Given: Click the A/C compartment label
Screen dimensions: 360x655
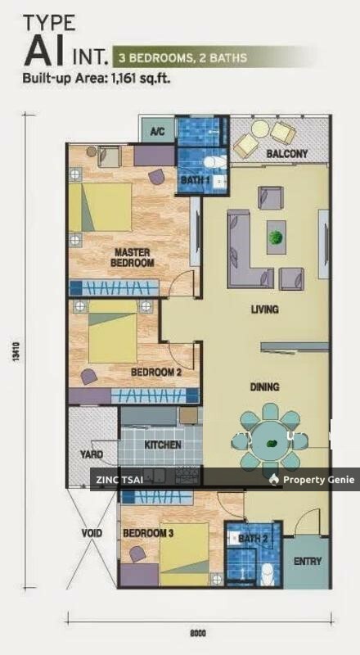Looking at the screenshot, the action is click(157, 132).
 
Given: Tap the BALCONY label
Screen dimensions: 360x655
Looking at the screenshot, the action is click(287, 153).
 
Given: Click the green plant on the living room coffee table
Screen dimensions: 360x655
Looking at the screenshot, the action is click(276, 237).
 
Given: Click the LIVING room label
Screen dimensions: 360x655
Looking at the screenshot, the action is click(264, 309).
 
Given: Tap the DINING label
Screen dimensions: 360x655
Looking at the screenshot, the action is click(264, 386).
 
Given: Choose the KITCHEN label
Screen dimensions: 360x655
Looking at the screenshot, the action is click(163, 445).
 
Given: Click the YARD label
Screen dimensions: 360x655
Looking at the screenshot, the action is click(92, 454).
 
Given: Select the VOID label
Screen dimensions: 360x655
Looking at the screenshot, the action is click(92, 534).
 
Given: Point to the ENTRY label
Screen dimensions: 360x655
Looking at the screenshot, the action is click(308, 561).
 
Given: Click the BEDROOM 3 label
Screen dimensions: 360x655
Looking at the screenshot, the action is click(148, 534).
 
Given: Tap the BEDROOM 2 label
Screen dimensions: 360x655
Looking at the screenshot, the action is click(156, 372).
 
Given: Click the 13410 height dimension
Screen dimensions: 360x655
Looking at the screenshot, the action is click(16, 351).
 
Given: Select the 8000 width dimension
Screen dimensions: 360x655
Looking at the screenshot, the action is click(198, 633).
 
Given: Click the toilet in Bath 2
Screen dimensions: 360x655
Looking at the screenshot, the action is click(266, 575).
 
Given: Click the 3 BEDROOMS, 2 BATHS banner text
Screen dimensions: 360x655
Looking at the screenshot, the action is click(183, 57).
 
